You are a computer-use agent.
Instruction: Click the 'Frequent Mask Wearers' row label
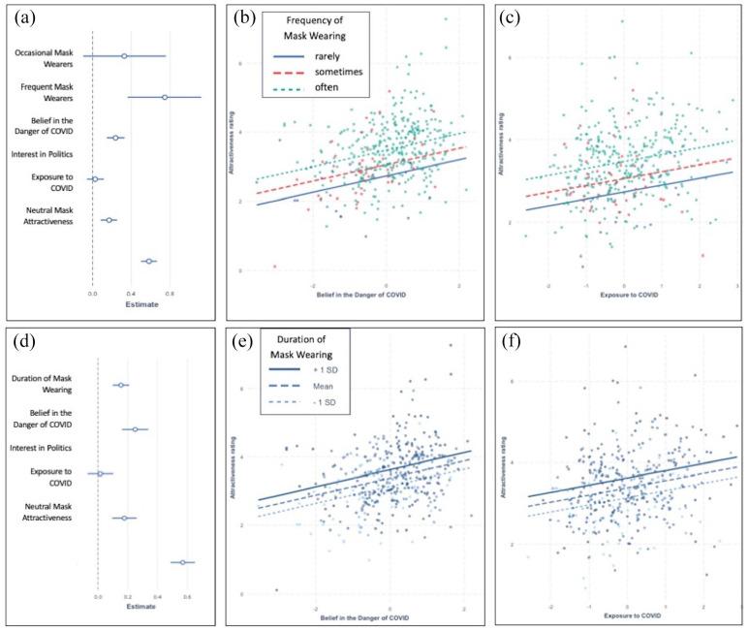[49, 93]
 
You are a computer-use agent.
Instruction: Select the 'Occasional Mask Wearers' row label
[49, 56]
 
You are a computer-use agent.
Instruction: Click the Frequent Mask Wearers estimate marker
[165, 97]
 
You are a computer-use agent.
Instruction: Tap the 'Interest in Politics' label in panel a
[49, 155]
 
